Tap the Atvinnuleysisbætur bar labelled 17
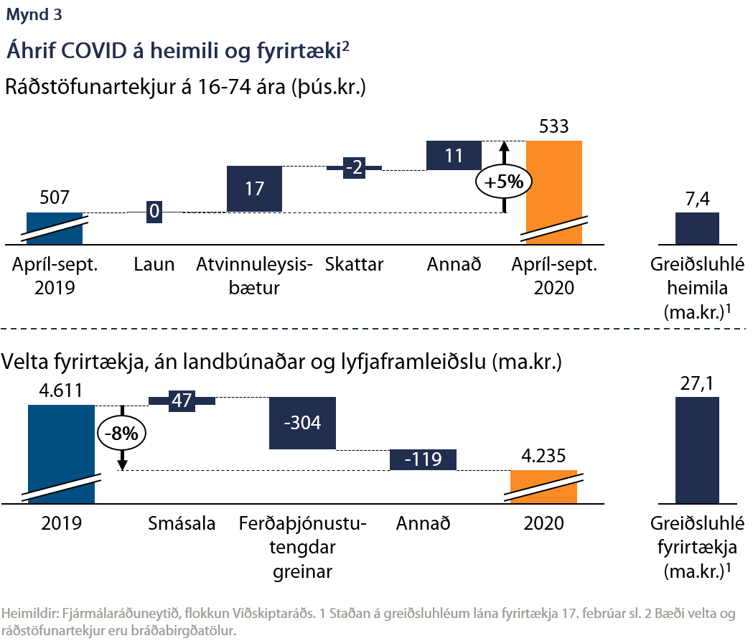(254, 189)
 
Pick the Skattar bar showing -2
(354, 168)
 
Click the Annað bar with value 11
(453, 155)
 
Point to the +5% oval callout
(504, 182)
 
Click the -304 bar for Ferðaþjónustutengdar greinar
(302, 423)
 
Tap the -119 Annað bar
(423, 460)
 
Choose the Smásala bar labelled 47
(182, 401)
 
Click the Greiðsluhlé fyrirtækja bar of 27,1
(697, 449)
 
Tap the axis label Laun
(154, 264)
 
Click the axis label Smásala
(182, 523)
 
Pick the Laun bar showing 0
(154, 212)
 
